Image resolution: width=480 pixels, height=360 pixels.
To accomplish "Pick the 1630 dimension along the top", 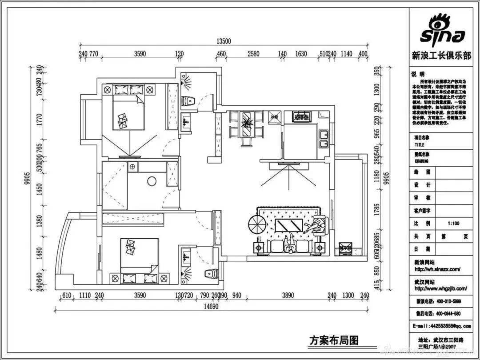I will pyautogui.click(x=301, y=54).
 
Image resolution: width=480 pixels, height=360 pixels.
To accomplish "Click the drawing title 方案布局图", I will pyautogui.click(x=333, y=340).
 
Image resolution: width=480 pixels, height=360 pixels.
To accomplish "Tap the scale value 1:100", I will pyautogui.click(x=453, y=224).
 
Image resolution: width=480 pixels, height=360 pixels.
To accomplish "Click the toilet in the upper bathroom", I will pyautogui.click(x=189, y=100).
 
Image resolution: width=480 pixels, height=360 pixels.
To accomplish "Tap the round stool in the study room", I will pyautogui.click(x=152, y=181).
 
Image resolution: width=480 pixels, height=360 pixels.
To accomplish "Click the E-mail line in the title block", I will pyautogui.click(x=441, y=326).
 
